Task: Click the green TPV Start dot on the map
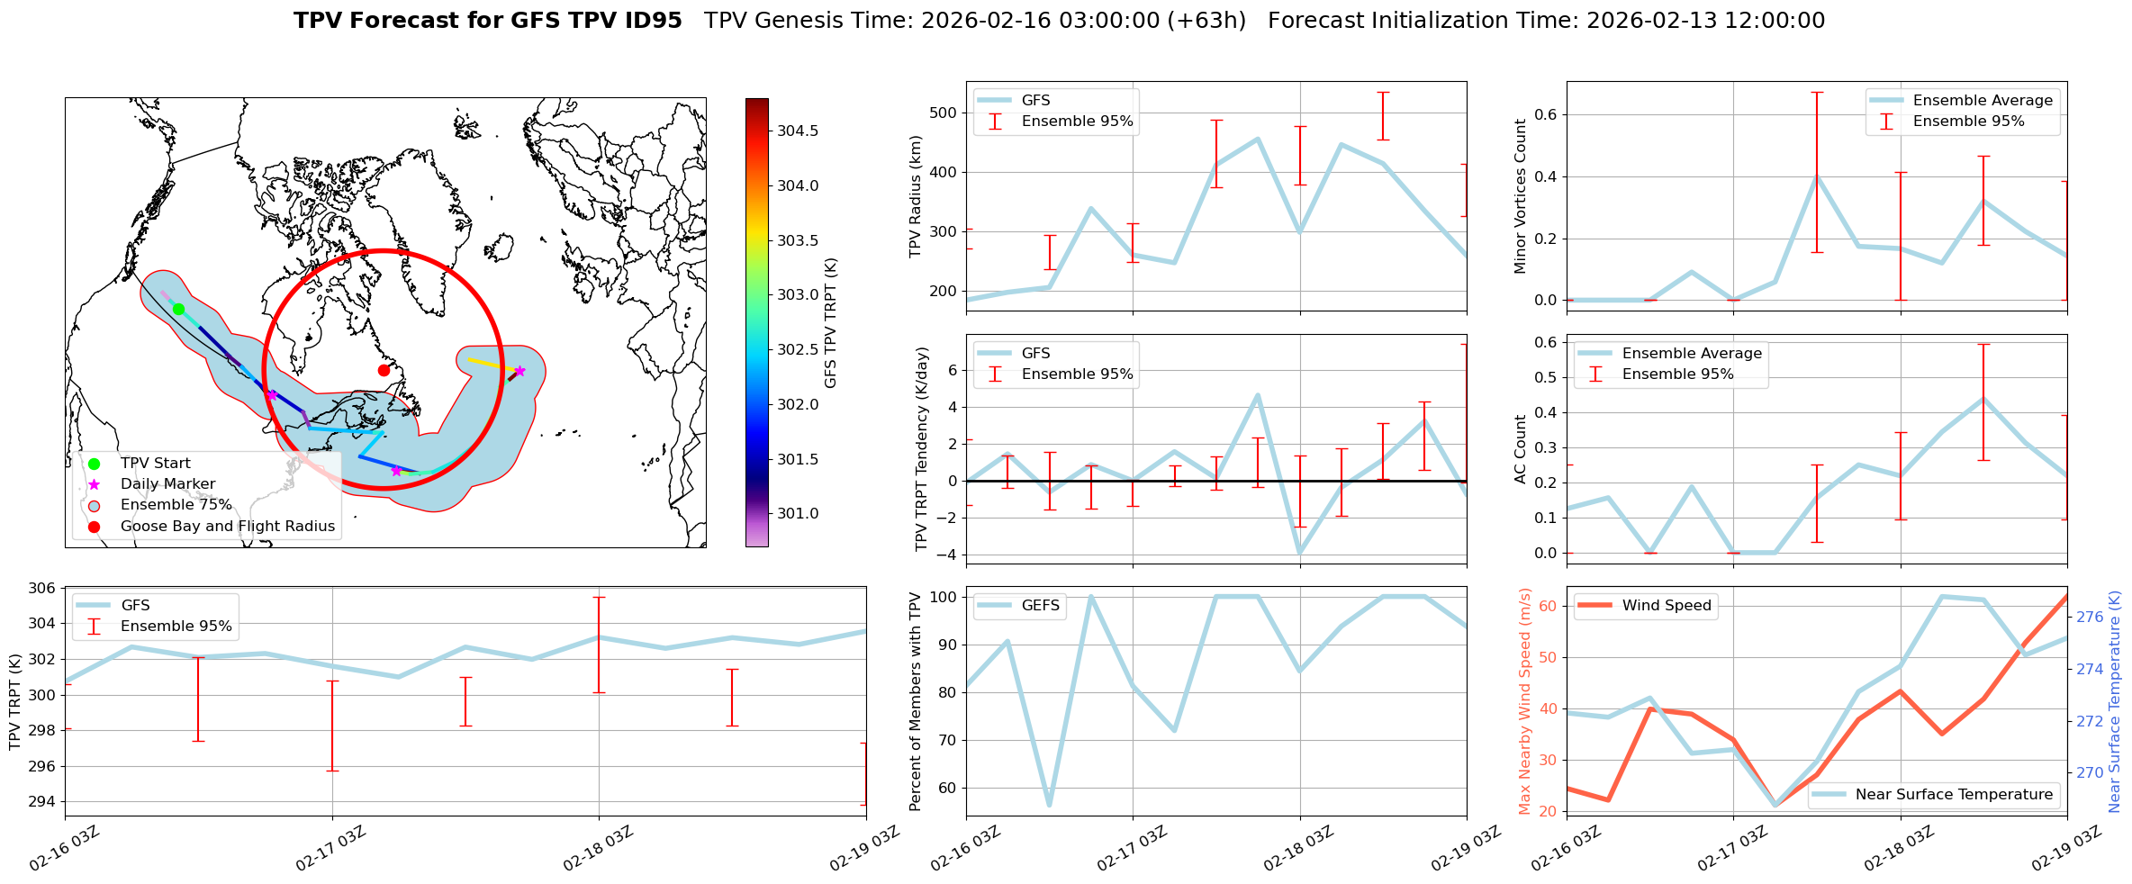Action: click(178, 309)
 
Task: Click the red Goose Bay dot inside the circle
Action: click(384, 370)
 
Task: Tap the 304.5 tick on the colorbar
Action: click(798, 131)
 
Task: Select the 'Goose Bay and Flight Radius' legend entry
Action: click(227, 526)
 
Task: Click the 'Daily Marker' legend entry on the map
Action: click(167, 484)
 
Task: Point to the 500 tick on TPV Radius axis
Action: click(942, 113)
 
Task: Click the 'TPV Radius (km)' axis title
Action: click(917, 196)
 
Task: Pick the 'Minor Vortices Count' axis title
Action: click(1520, 196)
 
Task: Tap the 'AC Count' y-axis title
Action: click(1520, 449)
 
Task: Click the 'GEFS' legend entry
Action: click(1040, 606)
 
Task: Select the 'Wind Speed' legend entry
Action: click(1666, 606)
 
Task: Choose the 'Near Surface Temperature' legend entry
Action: click(1953, 794)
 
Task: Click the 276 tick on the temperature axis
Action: click(2090, 618)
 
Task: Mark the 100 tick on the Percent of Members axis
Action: click(942, 597)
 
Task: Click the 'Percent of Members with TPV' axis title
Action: click(917, 701)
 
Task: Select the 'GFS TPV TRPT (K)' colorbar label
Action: click(830, 323)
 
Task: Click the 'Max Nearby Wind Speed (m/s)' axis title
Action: click(1525, 701)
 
